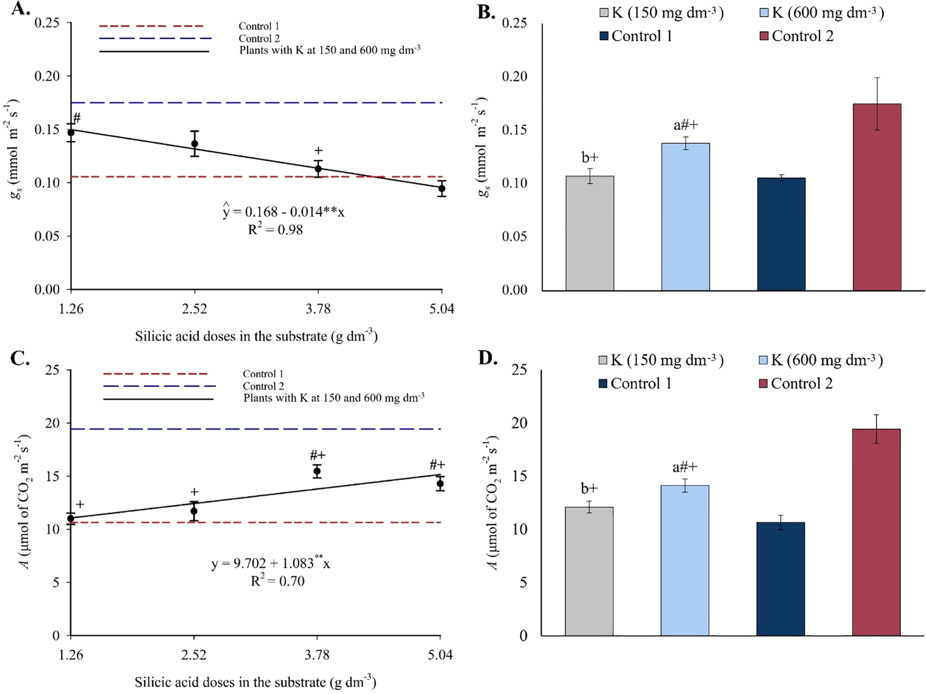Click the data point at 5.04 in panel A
pyautogui.click(x=442, y=189)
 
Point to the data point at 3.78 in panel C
pyautogui.click(x=317, y=471)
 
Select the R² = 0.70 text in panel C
pyautogui.click(x=277, y=581)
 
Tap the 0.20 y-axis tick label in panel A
pyautogui.click(x=47, y=76)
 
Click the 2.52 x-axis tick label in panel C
pyautogui.click(x=194, y=655)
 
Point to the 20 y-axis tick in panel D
pyautogui.click(x=519, y=423)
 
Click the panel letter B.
pyautogui.click(x=485, y=11)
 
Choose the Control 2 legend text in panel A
pyautogui.click(x=259, y=38)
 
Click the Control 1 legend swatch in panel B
pyautogui.click(x=604, y=36)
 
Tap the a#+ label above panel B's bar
pyautogui.click(x=686, y=125)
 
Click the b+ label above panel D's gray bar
pyautogui.click(x=589, y=488)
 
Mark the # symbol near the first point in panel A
pyautogui.click(x=77, y=118)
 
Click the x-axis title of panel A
pyautogui.click(x=256, y=336)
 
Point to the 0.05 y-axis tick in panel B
pyautogui.click(x=515, y=236)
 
